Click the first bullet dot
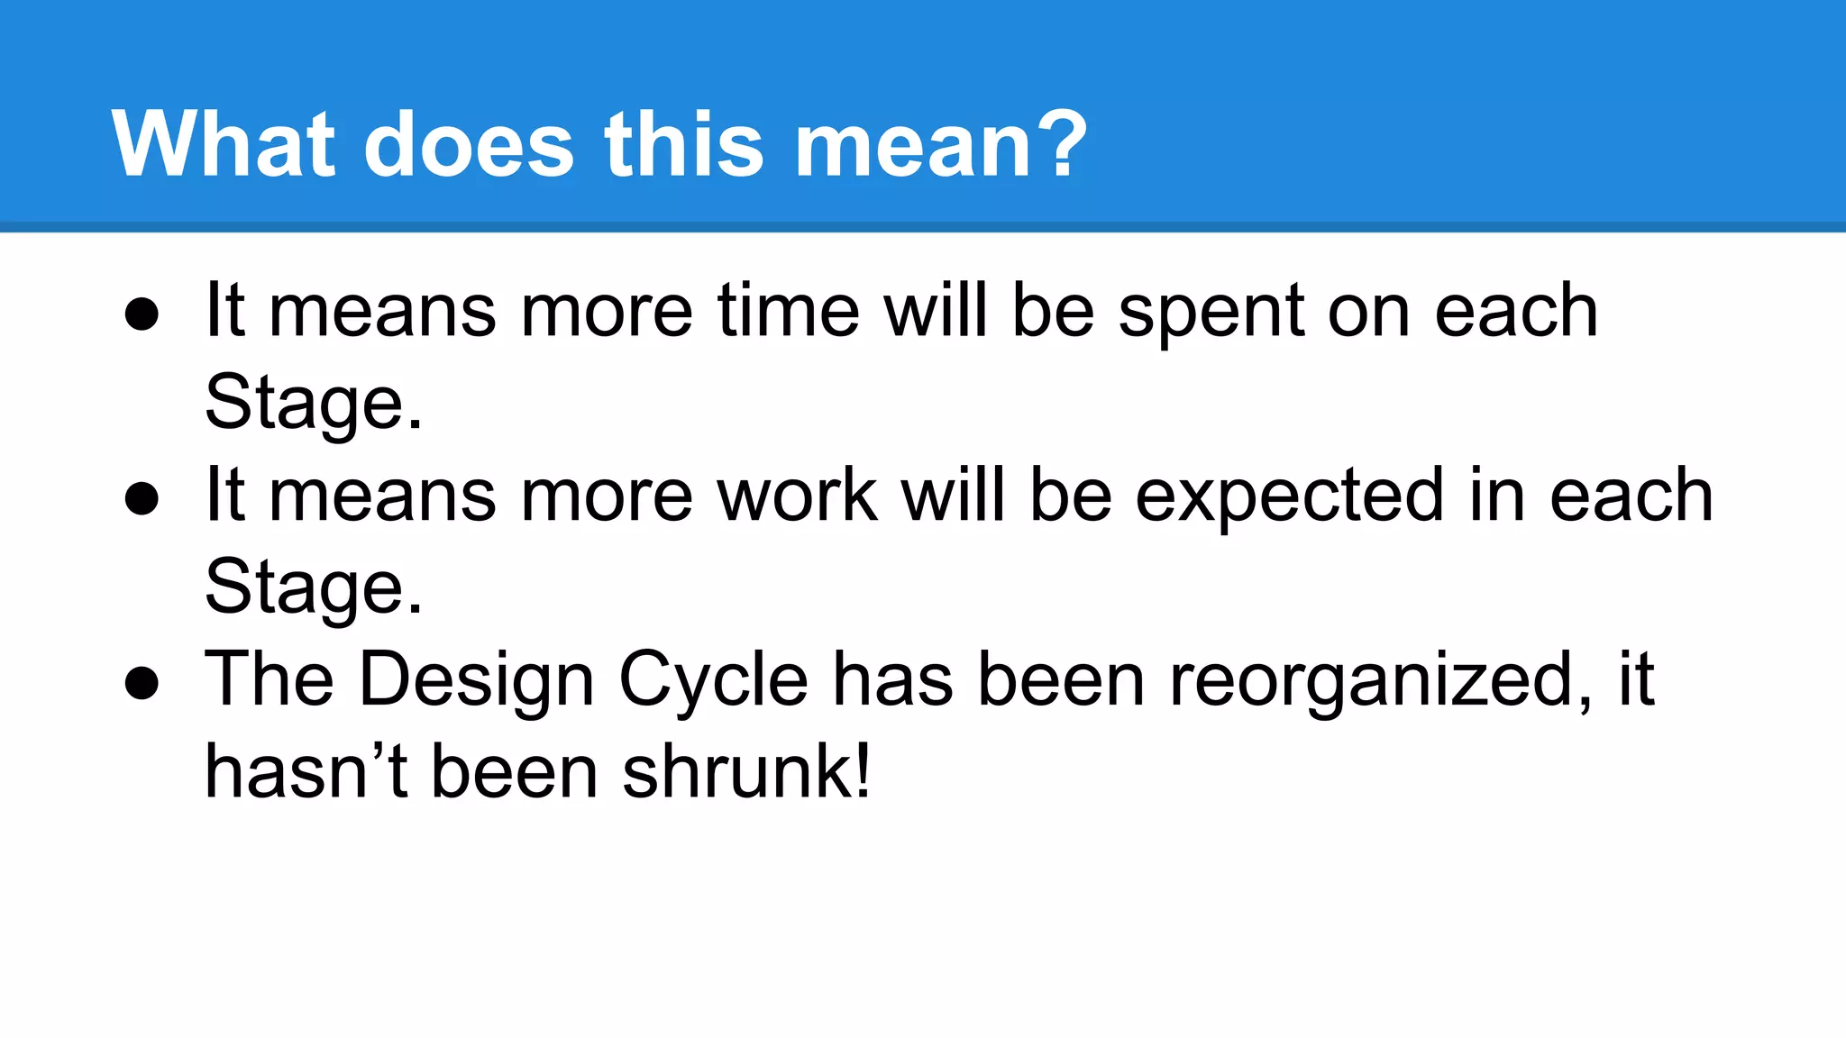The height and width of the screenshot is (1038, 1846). coord(142,314)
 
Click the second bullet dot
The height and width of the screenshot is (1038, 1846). coord(142,498)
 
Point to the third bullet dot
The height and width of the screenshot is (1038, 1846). coord(142,683)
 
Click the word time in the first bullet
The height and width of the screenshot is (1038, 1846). coord(789,311)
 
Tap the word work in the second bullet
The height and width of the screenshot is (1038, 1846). coord(797,496)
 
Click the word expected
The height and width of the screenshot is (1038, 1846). coord(1289,497)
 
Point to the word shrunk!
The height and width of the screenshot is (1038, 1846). coord(746,772)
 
